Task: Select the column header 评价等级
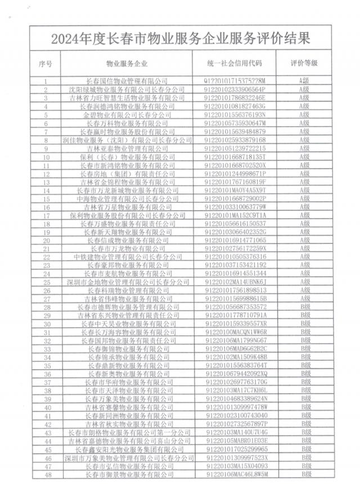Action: (x=304, y=62)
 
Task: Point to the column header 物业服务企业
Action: (x=130, y=62)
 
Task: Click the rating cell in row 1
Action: (x=304, y=81)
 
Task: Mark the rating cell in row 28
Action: (x=304, y=307)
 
